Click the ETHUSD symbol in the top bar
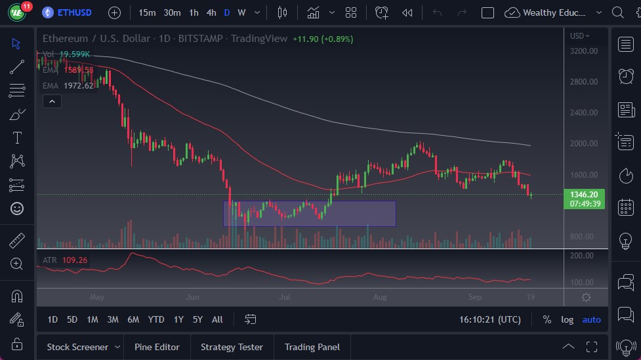point(75,12)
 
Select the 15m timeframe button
point(147,12)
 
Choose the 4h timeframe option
point(211,12)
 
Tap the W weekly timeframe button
point(241,12)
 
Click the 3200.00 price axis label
point(583,50)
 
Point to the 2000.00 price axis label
point(583,144)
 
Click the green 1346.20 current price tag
point(583,195)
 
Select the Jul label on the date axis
point(285,297)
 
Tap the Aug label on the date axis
point(380,297)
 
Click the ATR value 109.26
point(75,260)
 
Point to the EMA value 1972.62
point(78,85)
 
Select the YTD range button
point(156,319)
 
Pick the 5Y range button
point(197,319)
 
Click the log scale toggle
point(568,319)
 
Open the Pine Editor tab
point(157,347)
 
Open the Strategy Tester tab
point(232,347)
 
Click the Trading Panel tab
point(312,347)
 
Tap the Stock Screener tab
point(77,347)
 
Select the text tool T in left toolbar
point(17,138)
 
